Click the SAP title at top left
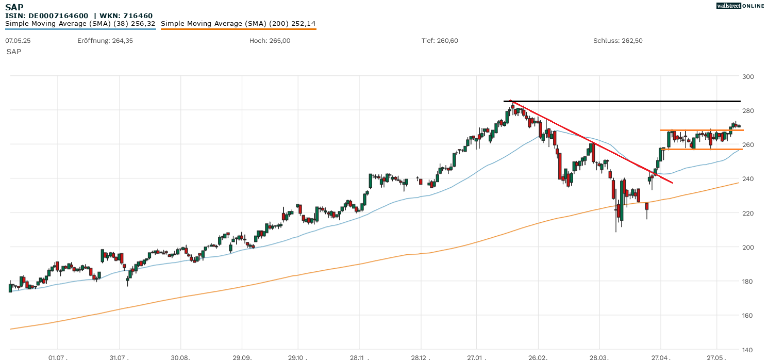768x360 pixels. click(14, 7)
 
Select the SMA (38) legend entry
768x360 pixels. click(80, 24)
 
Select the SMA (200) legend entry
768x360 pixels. click(238, 24)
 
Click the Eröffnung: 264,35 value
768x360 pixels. click(105, 40)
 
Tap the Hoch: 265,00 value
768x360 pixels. click(270, 40)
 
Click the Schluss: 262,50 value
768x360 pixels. click(618, 40)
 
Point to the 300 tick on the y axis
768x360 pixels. click(748, 77)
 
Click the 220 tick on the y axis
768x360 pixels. click(748, 213)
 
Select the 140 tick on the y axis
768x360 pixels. click(748, 350)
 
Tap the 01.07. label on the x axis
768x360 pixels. click(58, 357)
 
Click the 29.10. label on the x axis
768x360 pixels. click(298, 357)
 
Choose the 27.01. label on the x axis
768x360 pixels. click(477, 357)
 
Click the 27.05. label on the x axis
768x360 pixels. click(716, 357)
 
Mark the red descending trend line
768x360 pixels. click(593, 142)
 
